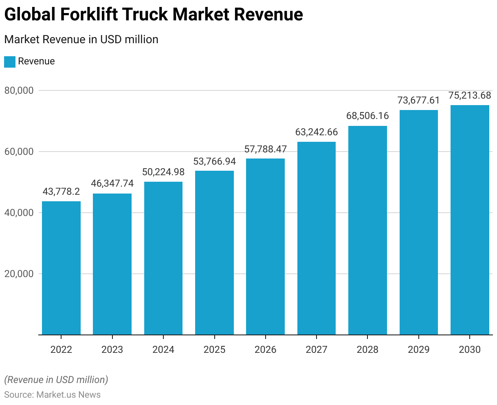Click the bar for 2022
point(61,268)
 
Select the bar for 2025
point(214,253)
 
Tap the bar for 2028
point(367,230)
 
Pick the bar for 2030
point(470,220)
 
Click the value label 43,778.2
point(61,191)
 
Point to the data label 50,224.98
point(163,172)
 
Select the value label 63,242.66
point(317,132)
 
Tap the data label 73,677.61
point(419,100)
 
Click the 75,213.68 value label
point(470,95)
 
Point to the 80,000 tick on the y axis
point(19,90)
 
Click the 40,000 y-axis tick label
point(19,213)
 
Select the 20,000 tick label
point(19,274)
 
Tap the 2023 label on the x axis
point(112,350)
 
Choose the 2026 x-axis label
point(265,350)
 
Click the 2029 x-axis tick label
point(419,350)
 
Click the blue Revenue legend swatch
point(10,62)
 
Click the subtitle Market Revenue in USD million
point(81,40)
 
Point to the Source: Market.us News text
point(52,394)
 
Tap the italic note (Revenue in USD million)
point(56,380)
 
